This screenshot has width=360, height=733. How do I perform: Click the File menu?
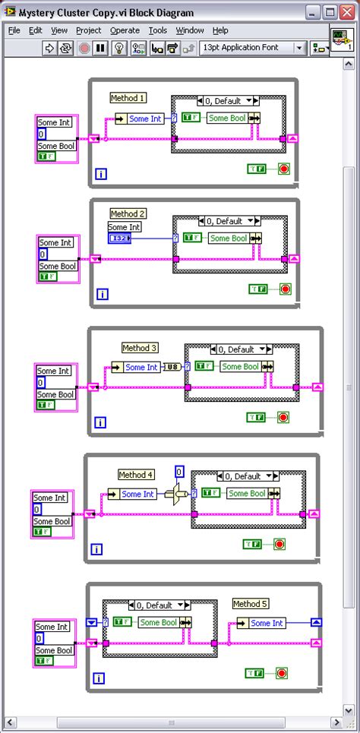[14, 30]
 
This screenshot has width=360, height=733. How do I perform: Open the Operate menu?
[125, 30]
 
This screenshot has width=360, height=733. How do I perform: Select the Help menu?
[220, 30]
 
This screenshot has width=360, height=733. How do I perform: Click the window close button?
[346, 12]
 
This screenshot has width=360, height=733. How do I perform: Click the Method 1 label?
[128, 98]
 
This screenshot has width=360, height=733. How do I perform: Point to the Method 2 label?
[128, 213]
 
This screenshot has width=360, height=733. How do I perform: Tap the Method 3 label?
[140, 348]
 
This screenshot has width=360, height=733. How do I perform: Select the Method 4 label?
[136, 475]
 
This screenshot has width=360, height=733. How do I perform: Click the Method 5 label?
[251, 604]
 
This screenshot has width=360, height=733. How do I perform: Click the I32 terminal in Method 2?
[119, 239]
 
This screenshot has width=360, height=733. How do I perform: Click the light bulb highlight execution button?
[118, 48]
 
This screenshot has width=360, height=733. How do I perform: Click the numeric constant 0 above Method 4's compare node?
[179, 472]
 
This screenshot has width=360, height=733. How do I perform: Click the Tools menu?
[158, 30]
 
